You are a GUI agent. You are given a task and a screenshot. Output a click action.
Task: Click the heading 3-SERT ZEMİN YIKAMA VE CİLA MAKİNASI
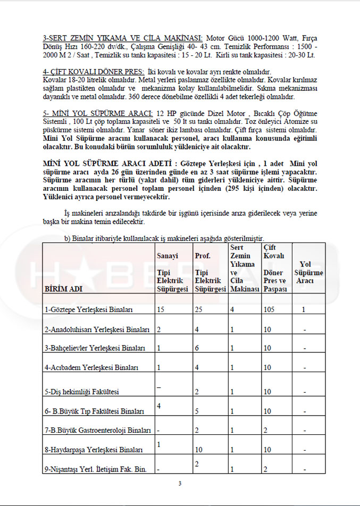(123, 38)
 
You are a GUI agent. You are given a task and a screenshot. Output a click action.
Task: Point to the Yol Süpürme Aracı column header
(305, 272)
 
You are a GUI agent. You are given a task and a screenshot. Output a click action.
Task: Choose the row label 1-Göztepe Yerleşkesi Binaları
(89, 309)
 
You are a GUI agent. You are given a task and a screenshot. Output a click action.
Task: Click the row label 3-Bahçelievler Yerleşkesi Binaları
(95, 348)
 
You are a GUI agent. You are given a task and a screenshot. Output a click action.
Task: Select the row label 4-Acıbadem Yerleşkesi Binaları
(91, 367)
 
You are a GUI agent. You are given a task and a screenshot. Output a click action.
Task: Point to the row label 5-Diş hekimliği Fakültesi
(82, 392)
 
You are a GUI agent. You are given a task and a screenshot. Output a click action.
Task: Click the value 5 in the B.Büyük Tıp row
(197, 411)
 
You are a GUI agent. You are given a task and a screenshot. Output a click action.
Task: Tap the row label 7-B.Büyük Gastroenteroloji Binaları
(98, 429)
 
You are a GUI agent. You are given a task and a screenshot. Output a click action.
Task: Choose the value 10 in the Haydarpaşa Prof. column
(199, 450)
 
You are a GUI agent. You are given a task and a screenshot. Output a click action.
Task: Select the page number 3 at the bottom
(180, 483)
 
